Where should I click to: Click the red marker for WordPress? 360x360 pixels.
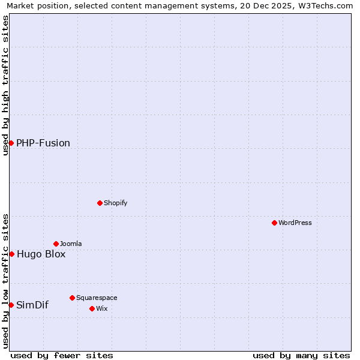tap(274, 223)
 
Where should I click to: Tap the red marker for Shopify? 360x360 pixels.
tap(100, 203)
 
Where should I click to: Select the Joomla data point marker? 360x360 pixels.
tap(56, 244)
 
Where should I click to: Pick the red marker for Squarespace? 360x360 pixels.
tap(72, 298)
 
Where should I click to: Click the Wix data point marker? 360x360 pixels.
tap(92, 308)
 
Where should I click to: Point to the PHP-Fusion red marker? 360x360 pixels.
tap(11, 143)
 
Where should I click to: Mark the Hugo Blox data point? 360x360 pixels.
tap(11, 254)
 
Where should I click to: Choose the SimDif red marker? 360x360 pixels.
tap(11, 305)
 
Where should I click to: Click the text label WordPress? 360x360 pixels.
tap(295, 223)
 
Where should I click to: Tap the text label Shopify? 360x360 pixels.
tap(115, 203)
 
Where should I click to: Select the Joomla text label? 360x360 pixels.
tap(71, 244)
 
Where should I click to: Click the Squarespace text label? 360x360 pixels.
tap(97, 298)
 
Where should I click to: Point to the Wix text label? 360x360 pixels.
tap(101, 308)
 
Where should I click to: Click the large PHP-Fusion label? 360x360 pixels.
tap(43, 143)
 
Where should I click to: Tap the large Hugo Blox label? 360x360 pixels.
tap(41, 254)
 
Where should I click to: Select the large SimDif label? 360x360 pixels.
tap(32, 305)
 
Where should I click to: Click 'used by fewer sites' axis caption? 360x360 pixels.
tap(62, 355)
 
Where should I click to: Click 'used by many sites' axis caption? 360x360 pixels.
tap(301, 355)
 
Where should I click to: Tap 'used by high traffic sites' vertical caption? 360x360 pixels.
tap(5, 85)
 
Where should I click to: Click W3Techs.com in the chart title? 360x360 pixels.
tap(324, 6)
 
